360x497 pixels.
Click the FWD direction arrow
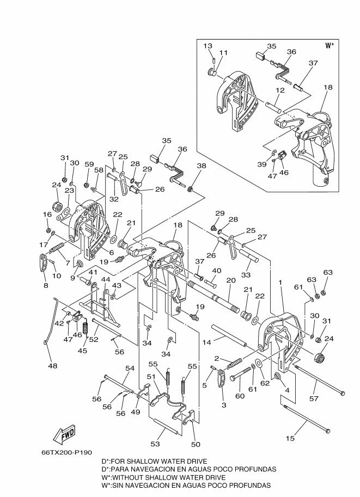pos(64,435)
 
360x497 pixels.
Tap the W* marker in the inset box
pos(330,46)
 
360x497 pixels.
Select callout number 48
pos(53,366)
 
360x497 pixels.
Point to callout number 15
pos(290,438)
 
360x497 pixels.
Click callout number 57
pos(314,398)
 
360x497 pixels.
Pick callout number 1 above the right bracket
pos(280,282)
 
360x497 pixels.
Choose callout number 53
pos(155,444)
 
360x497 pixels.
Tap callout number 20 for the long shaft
pos(231,280)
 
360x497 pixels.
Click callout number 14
pos(206,342)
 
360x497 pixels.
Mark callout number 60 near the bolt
pos(240,396)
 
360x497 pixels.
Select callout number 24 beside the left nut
pos(57,185)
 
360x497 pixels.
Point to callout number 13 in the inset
pos(208,46)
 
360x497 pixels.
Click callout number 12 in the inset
pos(280,90)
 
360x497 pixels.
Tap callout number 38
pos(202,165)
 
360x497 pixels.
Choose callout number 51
pos(151,376)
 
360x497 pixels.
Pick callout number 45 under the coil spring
pos(82,351)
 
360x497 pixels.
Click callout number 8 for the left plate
pos(46,286)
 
